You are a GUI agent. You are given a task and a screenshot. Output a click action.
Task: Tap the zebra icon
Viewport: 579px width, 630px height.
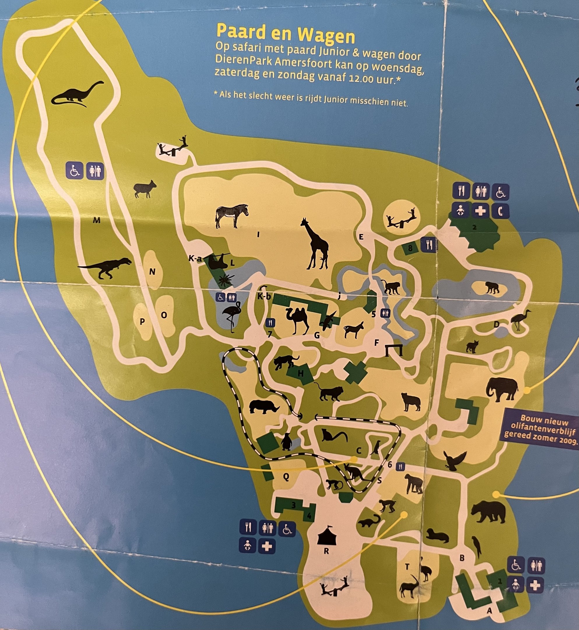[232, 216]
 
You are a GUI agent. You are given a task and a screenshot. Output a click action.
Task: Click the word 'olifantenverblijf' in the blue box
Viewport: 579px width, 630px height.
[536, 426]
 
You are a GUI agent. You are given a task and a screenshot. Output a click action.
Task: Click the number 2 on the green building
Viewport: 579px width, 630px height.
[474, 227]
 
